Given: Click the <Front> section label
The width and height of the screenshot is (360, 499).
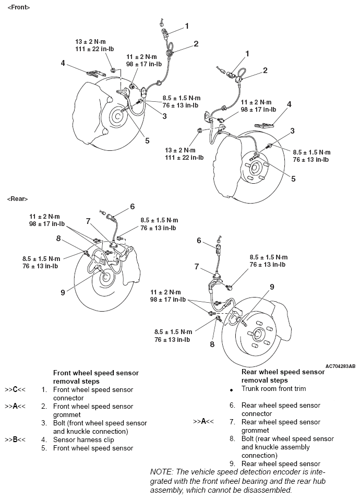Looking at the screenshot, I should tap(19, 8).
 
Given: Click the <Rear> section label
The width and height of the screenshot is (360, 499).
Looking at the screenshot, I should tap(18, 199).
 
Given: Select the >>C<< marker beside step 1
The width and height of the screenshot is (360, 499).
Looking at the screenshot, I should tap(15, 390).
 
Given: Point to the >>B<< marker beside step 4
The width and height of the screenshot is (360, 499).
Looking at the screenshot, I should tap(15, 440).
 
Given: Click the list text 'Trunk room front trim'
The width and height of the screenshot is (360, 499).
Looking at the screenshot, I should tap(273, 389).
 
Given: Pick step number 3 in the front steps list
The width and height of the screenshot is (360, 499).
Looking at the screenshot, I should tap(45, 423).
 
